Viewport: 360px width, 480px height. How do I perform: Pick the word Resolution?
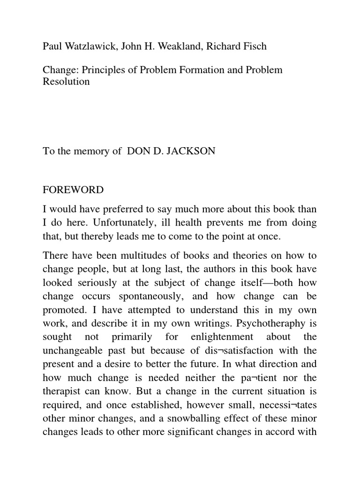point(66,82)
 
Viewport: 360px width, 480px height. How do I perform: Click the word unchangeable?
point(72,351)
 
